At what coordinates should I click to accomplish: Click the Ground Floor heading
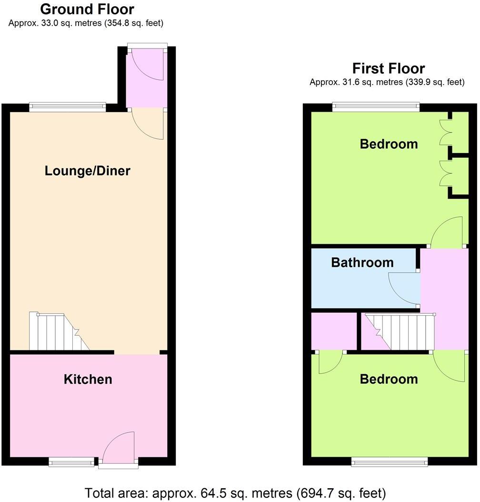click(x=87, y=9)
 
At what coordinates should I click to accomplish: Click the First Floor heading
click(x=388, y=68)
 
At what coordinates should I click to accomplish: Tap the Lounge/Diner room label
click(x=87, y=171)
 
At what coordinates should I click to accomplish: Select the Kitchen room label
click(x=88, y=379)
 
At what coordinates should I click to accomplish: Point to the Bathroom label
click(x=362, y=262)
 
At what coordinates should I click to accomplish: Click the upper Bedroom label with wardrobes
click(x=389, y=144)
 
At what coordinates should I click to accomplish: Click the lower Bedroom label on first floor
click(x=389, y=379)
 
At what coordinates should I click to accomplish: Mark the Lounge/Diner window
click(x=67, y=107)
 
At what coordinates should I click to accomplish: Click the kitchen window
click(x=72, y=461)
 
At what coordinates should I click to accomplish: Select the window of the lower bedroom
click(x=389, y=461)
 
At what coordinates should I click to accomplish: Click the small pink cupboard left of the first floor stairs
click(x=334, y=331)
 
